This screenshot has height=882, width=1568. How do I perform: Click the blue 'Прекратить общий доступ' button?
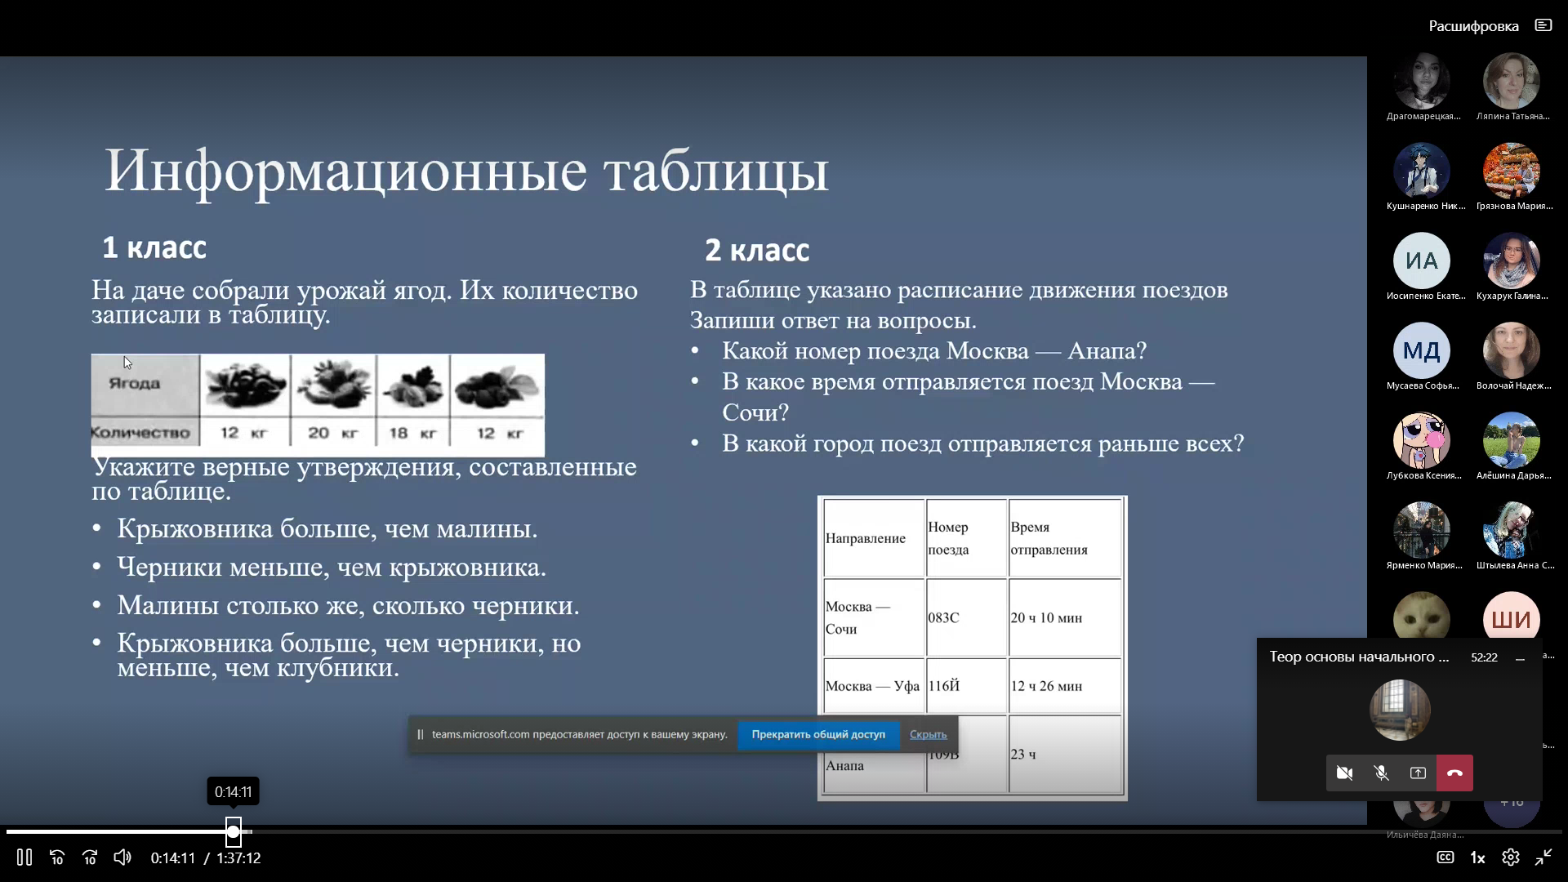(818, 734)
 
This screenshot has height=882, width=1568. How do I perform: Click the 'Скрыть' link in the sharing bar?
(928, 734)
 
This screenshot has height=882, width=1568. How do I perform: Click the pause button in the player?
(24, 857)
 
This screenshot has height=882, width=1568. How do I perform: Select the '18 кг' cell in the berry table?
(412, 433)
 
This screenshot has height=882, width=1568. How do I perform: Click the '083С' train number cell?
(944, 617)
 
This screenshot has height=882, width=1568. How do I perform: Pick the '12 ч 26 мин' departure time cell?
(1046, 686)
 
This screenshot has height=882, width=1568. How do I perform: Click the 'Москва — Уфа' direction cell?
(872, 686)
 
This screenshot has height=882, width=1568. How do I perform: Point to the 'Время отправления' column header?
(1049, 538)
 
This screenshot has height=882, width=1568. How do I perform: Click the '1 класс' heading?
(154, 247)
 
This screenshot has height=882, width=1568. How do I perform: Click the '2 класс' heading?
(757, 250)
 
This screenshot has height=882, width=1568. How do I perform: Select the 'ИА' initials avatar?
(1421, 261)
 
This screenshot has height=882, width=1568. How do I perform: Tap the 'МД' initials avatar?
(1421, 350)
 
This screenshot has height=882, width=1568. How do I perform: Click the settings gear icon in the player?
(1510, 857)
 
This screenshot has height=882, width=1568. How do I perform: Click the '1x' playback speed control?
(1477, 857)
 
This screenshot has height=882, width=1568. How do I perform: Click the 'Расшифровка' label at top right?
(1473, 26)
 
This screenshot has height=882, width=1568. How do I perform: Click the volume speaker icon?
(122, 857)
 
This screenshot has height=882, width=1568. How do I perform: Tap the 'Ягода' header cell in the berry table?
(135, 383)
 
